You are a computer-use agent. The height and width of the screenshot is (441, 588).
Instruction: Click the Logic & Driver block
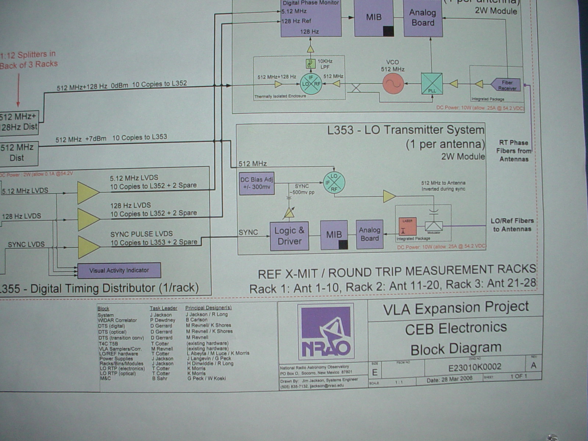(289, 236)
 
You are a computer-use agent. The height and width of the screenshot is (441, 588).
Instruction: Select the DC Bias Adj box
(257, 183)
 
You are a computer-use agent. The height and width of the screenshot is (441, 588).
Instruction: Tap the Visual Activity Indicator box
(119, 270)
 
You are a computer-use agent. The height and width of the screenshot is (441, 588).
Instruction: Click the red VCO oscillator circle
(393, 83)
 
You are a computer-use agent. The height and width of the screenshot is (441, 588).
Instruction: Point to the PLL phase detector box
(432, 84)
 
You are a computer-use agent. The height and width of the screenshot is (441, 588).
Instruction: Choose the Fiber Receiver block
(507, 85)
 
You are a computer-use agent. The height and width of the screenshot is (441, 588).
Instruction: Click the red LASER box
(407, 226)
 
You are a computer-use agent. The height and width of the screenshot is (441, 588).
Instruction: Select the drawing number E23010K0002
(474, 367)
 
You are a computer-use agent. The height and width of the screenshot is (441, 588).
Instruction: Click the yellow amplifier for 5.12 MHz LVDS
(87, 192)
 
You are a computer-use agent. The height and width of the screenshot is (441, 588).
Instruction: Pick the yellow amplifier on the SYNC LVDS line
(87, 247)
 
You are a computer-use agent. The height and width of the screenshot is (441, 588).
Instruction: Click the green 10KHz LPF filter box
(311, 64)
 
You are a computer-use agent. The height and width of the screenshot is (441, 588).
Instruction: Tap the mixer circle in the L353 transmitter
(334, 183)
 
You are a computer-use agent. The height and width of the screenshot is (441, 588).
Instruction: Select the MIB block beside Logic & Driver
(334, 235)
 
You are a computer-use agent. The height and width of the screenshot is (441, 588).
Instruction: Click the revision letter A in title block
(533, 365)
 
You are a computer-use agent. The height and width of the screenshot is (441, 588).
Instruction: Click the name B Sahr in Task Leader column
(160, 379)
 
